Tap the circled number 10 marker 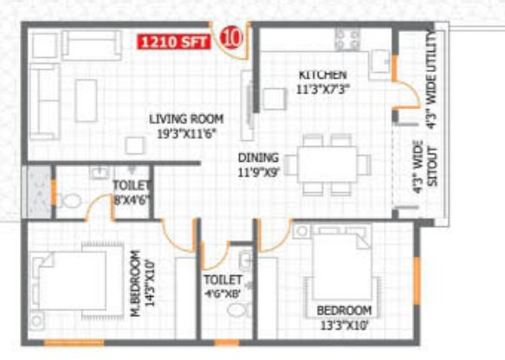pos(231,37)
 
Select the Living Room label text pos(186,126)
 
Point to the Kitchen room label pos(323,80)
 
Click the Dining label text pos(259,164)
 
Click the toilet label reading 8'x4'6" pos(131,193)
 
